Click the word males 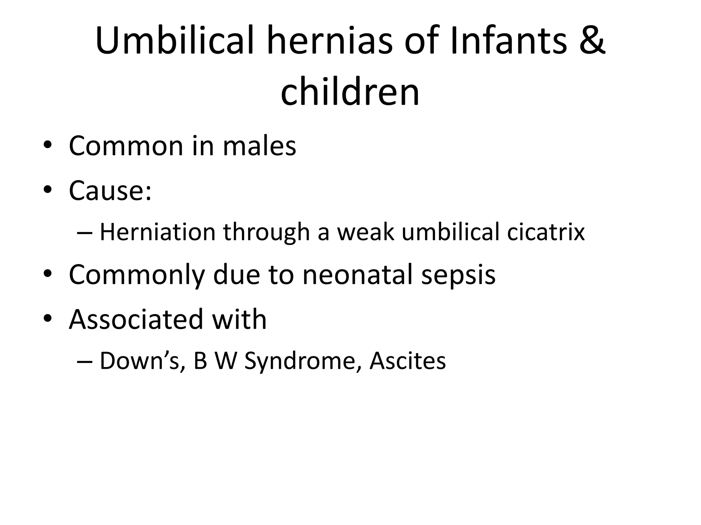[259, 146]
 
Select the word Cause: [110, 190]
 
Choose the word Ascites [408, 361]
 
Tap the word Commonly [137, 275]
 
